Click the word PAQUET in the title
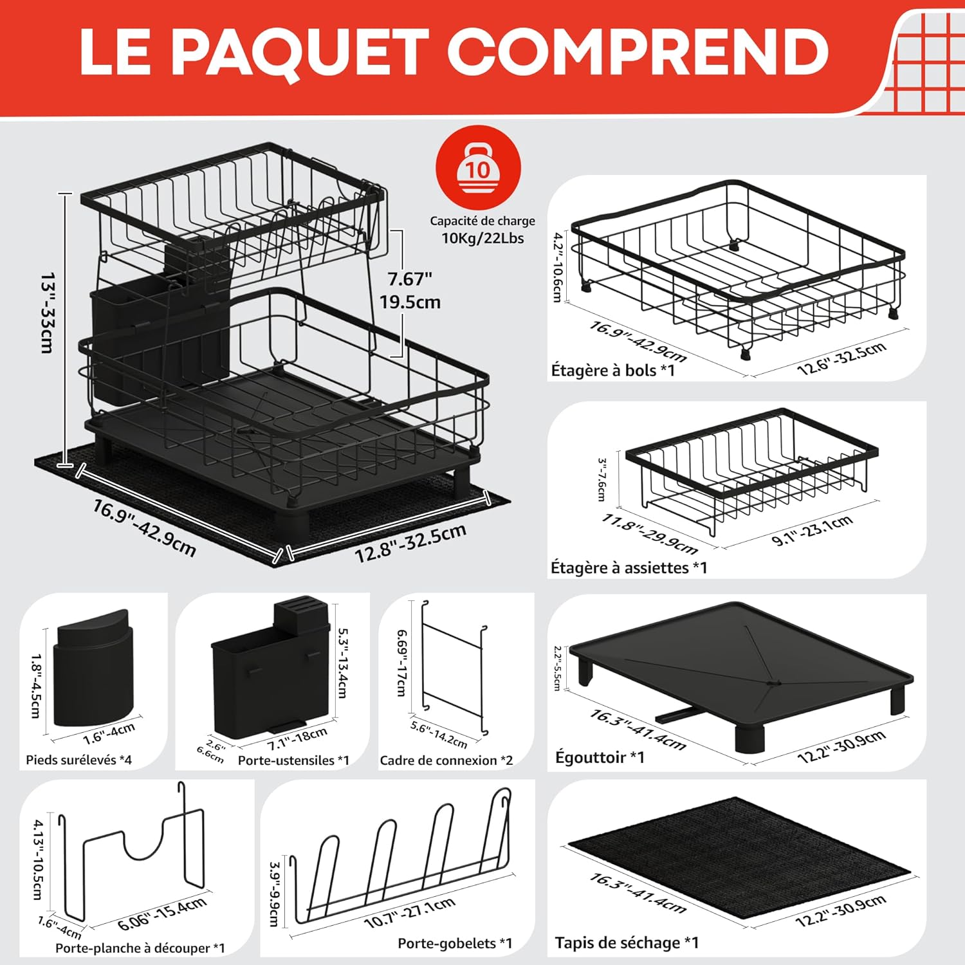[x=299, y=53]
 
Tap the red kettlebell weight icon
[x=478, y=168]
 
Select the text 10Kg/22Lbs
[x=482, y=238]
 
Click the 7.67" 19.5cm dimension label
[x=410, y=290]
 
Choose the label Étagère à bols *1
[x=613, y=370]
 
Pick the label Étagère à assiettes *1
[x=629, y=567]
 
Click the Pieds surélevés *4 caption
[x=78, y=760]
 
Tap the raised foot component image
[x=93, y=668]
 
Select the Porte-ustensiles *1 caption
[x=293, y=760]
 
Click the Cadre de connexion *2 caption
[x=446, y=760]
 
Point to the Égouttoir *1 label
[x=600, y=757]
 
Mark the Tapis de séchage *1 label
[x=627, y=942]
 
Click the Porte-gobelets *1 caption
[x=455, y=943]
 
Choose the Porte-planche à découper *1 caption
[x=140, y=948]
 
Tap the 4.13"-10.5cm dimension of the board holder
[x=38, y=859]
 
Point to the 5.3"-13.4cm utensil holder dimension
[x=343, y=663]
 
